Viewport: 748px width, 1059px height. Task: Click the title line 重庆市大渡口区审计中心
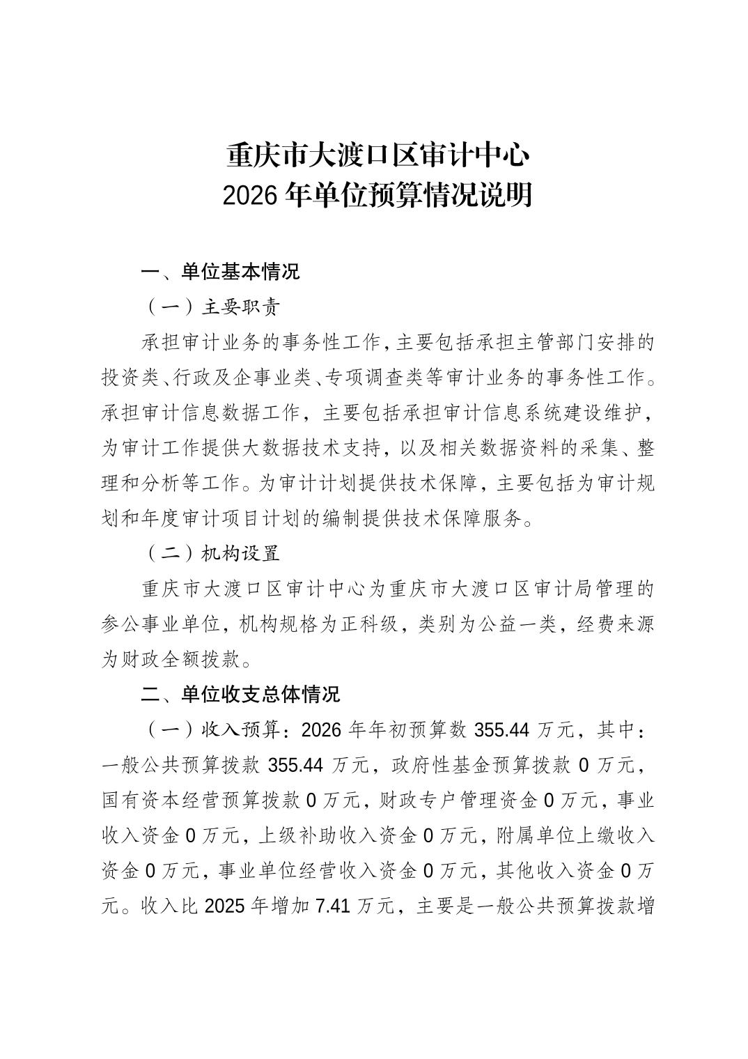click(x=378, y=155)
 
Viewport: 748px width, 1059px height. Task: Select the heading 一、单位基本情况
click(x=220, y=272)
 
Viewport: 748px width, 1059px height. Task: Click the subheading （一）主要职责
click(x=212, y=307)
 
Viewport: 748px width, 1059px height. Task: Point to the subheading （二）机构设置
click(x=212, y=553)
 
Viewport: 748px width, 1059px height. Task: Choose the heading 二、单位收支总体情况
click(x=240, y=695)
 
